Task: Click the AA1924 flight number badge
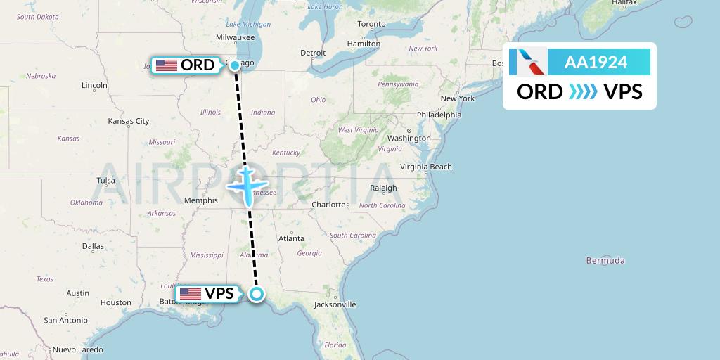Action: tap(596, 62)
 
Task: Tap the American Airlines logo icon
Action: tap(532, 62)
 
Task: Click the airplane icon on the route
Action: tap(248, 184)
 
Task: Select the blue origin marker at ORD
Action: tap(235, 65)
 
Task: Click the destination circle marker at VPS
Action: tap(257, 294)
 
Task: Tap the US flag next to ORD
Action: tap(167, 65)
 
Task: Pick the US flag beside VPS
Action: tap(191, 294)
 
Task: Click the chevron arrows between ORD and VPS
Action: tap(583, 92)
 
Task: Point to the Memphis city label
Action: tap(201, 200)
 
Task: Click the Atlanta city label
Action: tap(291, 238)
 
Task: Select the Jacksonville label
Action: tap(335, 304)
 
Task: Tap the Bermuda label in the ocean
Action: tap(605, 261)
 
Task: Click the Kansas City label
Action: tap(129, 121)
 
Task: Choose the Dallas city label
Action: tap(93, 246)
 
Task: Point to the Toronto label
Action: tap(371, 24)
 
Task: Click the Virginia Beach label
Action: tap(426, 167)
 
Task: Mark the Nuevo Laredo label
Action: tap(77, 349)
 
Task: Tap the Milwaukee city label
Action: tap(236, 37)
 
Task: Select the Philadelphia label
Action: tap(439, 115)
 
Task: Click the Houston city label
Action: tap(116, 302)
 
